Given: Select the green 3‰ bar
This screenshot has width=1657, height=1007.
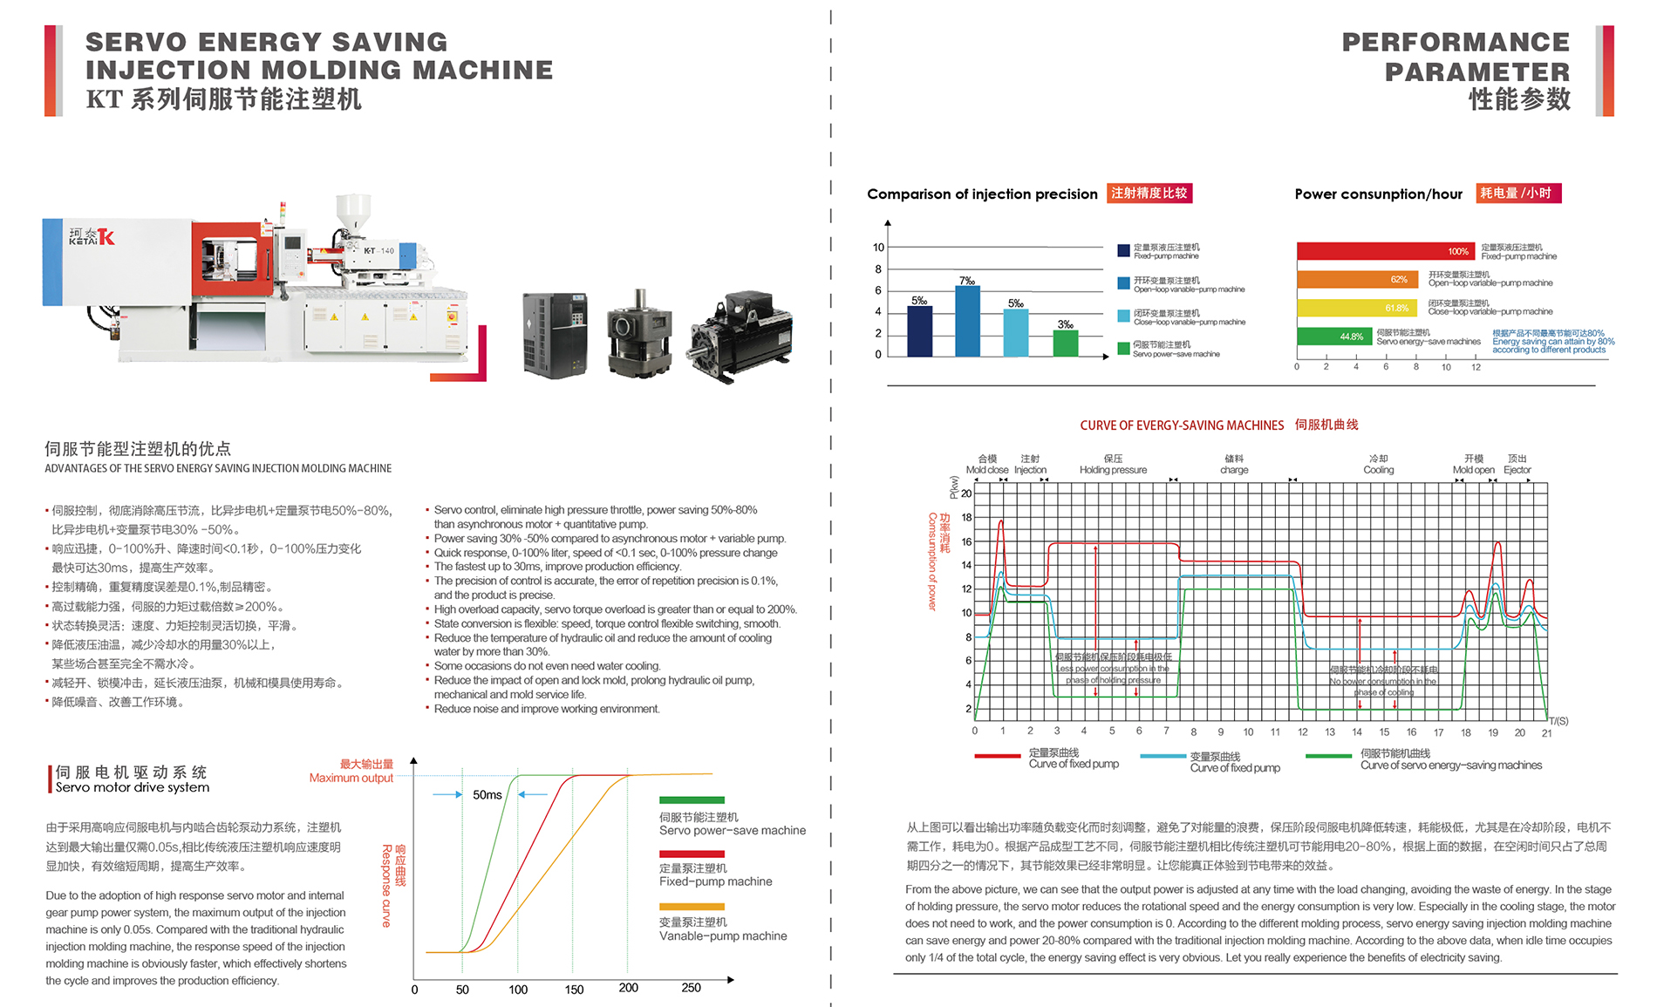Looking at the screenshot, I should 1065,343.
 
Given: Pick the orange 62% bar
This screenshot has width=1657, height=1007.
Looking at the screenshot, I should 1356,280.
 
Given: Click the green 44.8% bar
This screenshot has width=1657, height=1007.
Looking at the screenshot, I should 1332,337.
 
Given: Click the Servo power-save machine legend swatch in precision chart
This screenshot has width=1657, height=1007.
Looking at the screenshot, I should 1123,349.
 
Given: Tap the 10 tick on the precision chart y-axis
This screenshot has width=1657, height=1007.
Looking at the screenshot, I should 878,248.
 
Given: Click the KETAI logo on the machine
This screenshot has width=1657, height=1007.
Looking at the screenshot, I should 92,236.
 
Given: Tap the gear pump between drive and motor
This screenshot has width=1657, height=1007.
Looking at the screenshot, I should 640,335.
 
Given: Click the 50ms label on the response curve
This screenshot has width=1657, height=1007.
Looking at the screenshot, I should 488,795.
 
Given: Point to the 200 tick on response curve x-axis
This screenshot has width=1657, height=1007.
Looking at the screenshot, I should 628,988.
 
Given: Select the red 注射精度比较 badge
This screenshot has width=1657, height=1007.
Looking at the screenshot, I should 1149,194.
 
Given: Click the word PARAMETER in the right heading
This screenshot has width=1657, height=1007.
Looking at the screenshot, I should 1476,71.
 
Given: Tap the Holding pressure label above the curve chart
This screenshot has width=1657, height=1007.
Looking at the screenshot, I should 1113,470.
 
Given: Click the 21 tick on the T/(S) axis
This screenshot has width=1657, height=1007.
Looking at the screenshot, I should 1546,733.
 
